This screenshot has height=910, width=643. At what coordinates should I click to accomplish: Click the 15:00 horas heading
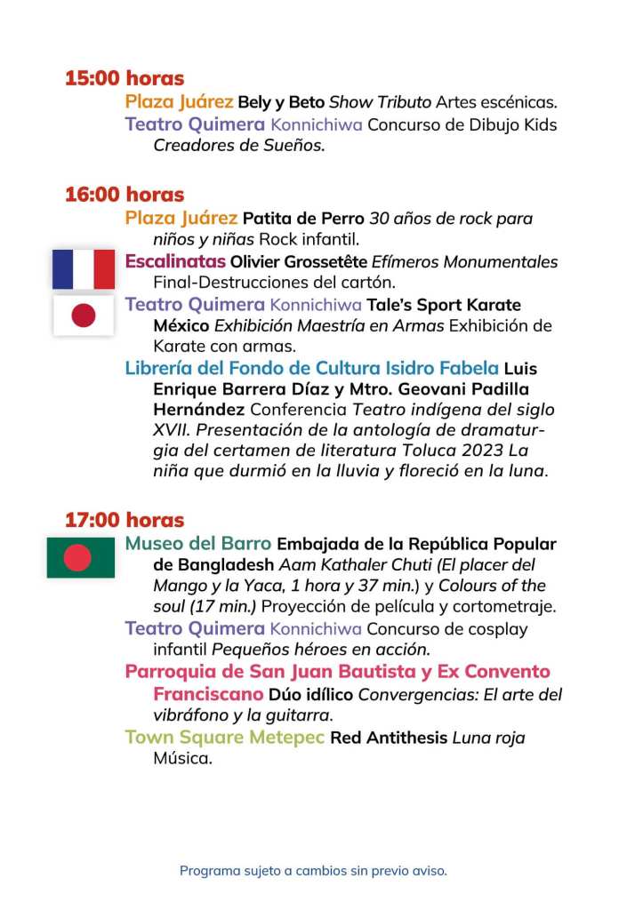click(124, 78)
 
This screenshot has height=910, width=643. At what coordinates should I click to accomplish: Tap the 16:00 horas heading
click(124, 195)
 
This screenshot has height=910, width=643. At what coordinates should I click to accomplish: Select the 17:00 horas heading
click(124, 520)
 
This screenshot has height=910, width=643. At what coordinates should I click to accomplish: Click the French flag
click(83, 269)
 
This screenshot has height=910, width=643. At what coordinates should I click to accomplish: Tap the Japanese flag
click(83, 315)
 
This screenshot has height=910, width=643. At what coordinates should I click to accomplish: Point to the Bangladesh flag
click(81, 557)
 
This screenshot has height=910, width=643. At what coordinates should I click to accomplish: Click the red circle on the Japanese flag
click(83, 315)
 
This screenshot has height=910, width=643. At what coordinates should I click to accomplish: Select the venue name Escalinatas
click(175, 261)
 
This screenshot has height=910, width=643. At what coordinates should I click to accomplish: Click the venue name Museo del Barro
click(198, 543)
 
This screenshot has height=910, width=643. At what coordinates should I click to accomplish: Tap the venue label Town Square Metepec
click(224, 738)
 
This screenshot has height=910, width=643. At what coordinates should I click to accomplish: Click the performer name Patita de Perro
click(303, 219)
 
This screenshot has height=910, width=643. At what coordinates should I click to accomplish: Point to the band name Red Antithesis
click(389, 738)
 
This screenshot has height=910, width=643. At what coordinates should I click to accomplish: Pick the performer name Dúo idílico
click(311, 694)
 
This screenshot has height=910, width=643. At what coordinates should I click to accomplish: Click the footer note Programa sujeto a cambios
click(313, 871)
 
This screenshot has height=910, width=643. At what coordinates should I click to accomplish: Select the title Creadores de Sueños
click(239, 146)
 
